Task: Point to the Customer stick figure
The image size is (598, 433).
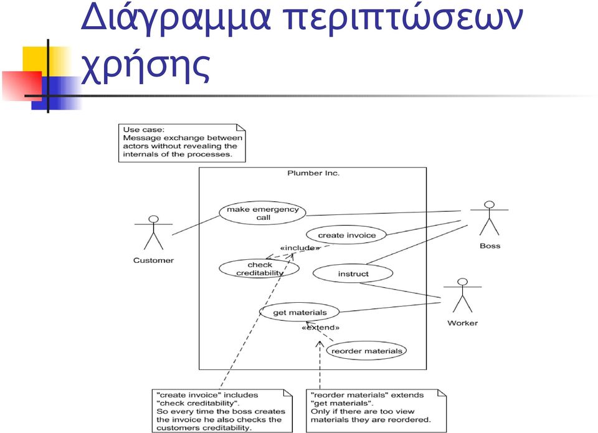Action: (x=153, y=233)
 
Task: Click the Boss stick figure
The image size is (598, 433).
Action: (x=490, y=218)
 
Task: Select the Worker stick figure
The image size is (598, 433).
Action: (x=462, y=295)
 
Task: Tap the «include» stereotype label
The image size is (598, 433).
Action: (x=300, y=248)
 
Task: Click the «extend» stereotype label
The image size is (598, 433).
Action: (x=320, y=327)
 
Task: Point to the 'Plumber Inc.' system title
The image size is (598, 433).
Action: (x=313, y=173)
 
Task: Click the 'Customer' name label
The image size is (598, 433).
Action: (x=153, y=260)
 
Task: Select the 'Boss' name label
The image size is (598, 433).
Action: (x=490, y=246)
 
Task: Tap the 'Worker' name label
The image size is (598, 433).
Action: (x=462, y=323)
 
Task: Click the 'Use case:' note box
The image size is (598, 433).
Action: (x=182, y=143)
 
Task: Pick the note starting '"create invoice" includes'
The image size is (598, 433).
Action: (x=222, y=411)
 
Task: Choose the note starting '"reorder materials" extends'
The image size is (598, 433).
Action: (x=376, y=411)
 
